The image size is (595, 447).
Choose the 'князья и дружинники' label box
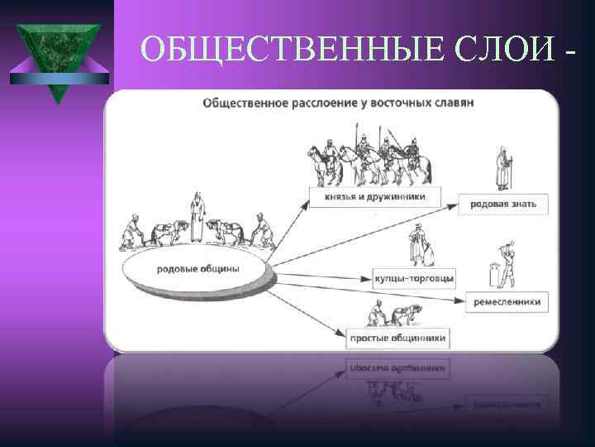pyautogui.click(x=374, y=199)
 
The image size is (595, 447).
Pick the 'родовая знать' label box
pyautogui.click(x=502, y=204)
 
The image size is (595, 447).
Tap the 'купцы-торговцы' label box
pyautogui.click(x=414, y=279)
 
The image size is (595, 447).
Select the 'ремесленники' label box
pyautogui.click(x=507, y=302)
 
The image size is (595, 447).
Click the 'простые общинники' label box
pyautogui.click(x=396, y=338)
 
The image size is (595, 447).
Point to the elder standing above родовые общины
pyautogui.click(x=197, y=217)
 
